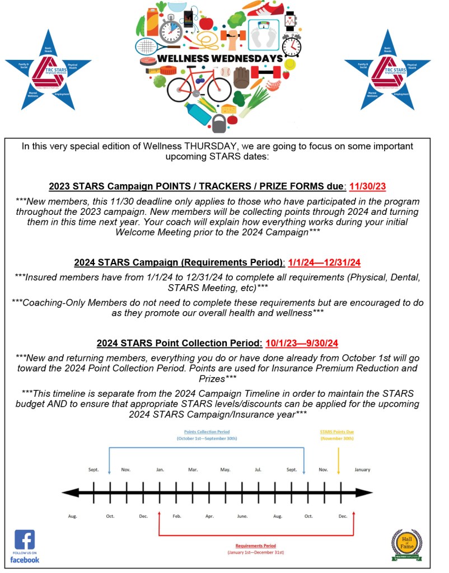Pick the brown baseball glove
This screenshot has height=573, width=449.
click(x=241, y=78)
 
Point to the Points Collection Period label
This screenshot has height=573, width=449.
click(x=207, y=432)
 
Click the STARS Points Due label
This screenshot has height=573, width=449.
click(x=337, y=432)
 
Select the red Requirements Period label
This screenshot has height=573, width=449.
click(x=256, y=546)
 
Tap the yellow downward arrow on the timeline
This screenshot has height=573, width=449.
click(x=339, y=459)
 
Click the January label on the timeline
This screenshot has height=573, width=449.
click(x=362, y=469)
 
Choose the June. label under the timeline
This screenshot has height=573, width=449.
click(x=242, y=516)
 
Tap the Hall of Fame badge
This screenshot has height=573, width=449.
click(x=406, y=544)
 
